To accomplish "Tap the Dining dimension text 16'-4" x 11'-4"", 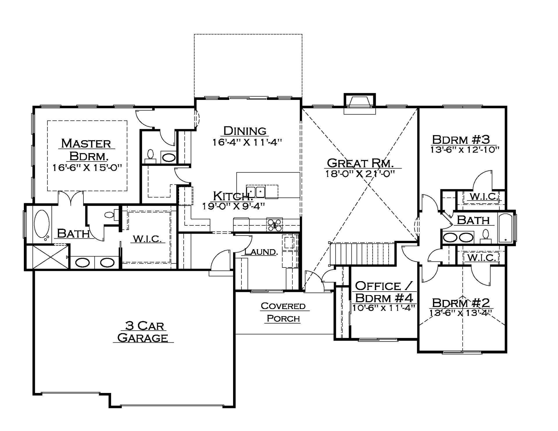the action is coord(247,142).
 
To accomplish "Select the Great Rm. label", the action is coord(360,163).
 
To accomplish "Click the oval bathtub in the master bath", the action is coord(42,224).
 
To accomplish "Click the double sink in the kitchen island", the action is coord(256,192).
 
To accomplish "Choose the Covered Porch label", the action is coord(283,312).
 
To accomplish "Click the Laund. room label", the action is coord(261,252).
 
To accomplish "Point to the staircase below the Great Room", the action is coord(362,254).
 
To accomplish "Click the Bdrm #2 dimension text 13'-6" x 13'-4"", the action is coord(461,313).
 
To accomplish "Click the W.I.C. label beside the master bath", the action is coord(147,239).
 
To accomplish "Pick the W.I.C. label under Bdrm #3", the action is coord(484,197).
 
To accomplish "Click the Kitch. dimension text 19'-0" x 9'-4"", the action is coord(234,206).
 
